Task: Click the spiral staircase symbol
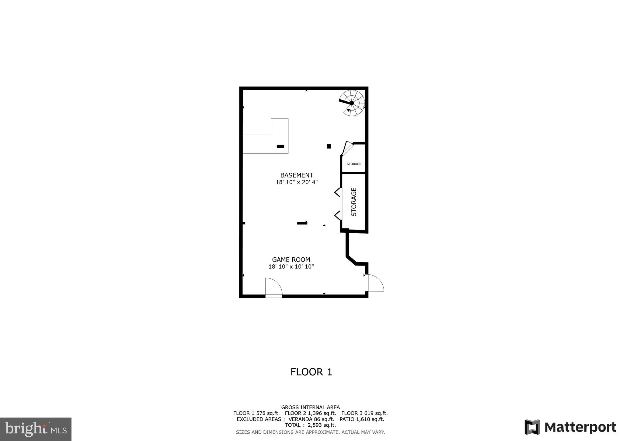(x=352, y=103)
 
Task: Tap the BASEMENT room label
(x=297, y=175)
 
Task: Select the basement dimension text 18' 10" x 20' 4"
(x=297, y=182)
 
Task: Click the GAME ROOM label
(x=291, y=260)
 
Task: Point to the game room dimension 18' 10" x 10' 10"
(x=291, y=267)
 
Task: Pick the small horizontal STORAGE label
(x=354, y=164)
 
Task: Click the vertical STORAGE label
(x=354, y=202)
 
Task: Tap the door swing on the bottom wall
(x=273, y=287)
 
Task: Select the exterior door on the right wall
(x=374, y=283)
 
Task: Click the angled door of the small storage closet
(x=347, y=148)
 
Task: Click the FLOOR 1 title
(x=311, y=372)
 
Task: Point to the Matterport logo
(x=570, y=427)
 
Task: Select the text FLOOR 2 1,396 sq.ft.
(x=310, y=413)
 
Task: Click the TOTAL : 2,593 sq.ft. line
(x=310, y=425)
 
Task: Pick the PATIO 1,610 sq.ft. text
(x=362, y=419)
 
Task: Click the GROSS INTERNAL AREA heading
(x=310, y=407)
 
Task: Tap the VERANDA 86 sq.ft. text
(x=311, y=419)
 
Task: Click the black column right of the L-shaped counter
(x=329, y=146)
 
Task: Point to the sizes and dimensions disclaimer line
(x=310, y=432)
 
